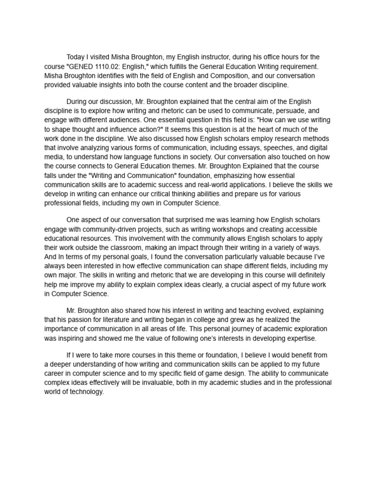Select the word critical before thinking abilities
click(161, 194)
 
